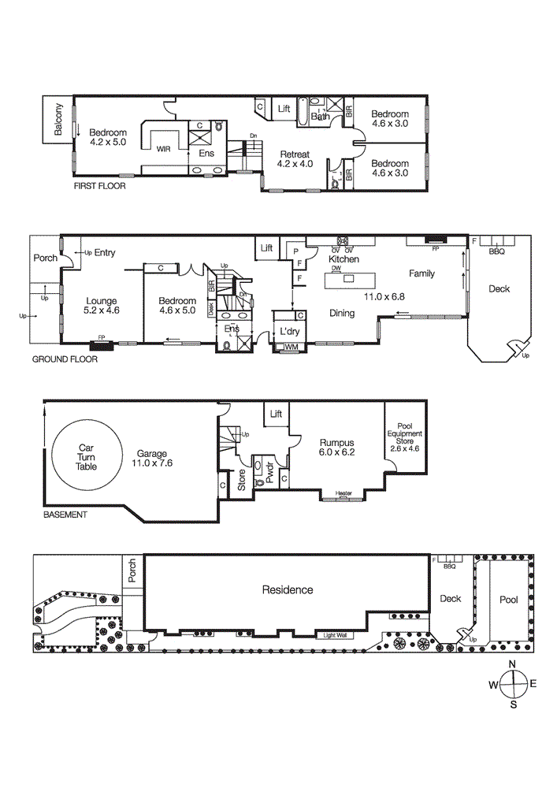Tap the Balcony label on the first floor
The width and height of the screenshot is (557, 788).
coord(58,121)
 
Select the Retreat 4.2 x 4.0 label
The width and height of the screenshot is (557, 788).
coord(295,159)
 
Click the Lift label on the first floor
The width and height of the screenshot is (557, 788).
coord(284,109)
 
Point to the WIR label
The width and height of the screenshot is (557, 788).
coord(164,147)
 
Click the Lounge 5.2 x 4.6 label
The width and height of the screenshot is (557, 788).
coord(102,306)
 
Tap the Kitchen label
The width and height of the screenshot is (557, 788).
coord(343,259)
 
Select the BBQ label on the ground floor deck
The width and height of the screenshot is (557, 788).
coord(496,252)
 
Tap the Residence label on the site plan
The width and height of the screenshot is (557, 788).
coord(288,589)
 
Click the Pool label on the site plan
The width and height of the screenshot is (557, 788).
coord(509,600)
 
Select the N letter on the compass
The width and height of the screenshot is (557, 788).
coord(513,663)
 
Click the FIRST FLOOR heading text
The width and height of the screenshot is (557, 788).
coord(99,187)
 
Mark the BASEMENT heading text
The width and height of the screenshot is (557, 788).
coord(65,515)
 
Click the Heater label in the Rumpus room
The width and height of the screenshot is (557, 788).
coord(343,494)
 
